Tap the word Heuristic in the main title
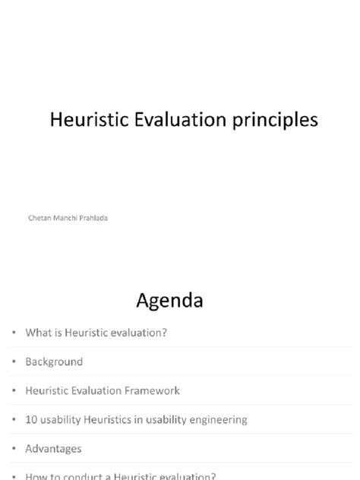(x=84, y=121)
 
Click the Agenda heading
(x=169, y=301)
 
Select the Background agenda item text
(x=55, y=362)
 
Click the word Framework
(x=154, y=390)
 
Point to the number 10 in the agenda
(x=31, y=419)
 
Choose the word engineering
(x=216, y=419)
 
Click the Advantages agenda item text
(x=53, y=448)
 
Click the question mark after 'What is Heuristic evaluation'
(x=164, y=333)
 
